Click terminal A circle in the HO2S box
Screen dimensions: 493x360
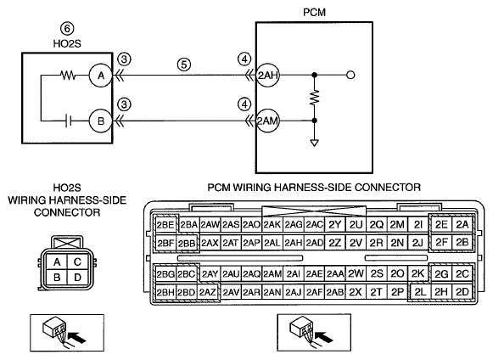[x=101, y=76]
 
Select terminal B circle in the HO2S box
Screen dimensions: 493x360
[x=101, y=121]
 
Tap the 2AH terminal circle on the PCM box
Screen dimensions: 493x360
[x=268, y=76]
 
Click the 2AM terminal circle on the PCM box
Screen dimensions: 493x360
[x=268, y=121]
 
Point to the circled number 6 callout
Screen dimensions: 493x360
[x=67, y=29]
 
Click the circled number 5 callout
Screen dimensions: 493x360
[x=184, y=65]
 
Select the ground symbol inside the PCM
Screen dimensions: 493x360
[x=314, y=143]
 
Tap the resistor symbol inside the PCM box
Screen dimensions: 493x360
[x=315, y=98]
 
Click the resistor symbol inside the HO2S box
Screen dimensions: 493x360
[x=68, y=76]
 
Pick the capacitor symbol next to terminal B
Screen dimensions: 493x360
[x=69, y=121]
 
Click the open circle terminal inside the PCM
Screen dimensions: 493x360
[x=350, y=75]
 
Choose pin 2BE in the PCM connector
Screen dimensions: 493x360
[x=165, y=225]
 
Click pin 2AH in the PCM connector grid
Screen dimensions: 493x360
[x=294, y=243]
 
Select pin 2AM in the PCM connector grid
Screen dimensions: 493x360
[x=272, y=274]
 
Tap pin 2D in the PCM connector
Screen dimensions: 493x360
[x=462, y=292]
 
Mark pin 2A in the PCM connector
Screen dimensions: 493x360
[x=462, y=225]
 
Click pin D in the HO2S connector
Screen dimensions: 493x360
[x=78, y=278]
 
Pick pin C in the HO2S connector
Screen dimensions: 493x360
[x=78, y=262]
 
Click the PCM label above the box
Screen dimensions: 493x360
[x=314, y=12]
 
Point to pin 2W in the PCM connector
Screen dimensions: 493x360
[x=356, y=274]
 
